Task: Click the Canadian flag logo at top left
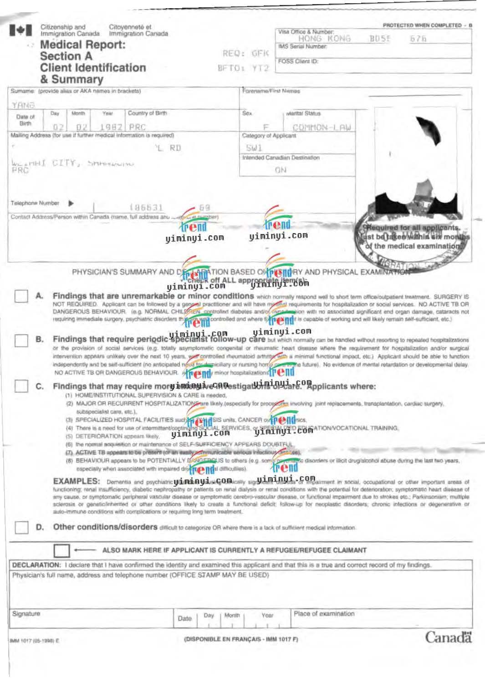pos(21,31)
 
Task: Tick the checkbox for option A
pos(21,296)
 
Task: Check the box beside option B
pos(21,340)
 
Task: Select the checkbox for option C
pos(21,386)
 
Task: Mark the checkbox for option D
pos(21,527)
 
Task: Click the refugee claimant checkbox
pos(61,550)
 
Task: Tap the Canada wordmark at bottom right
pos(448,637)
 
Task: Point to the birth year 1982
pos(111,127)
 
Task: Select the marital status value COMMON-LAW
pos(321,127)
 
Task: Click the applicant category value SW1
pos(254,148)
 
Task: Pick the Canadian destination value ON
pos(281,170)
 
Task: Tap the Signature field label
pos(26,614)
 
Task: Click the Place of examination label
pos(324,614)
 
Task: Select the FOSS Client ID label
pos(298,61)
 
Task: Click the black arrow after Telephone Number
pos(71,204)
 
